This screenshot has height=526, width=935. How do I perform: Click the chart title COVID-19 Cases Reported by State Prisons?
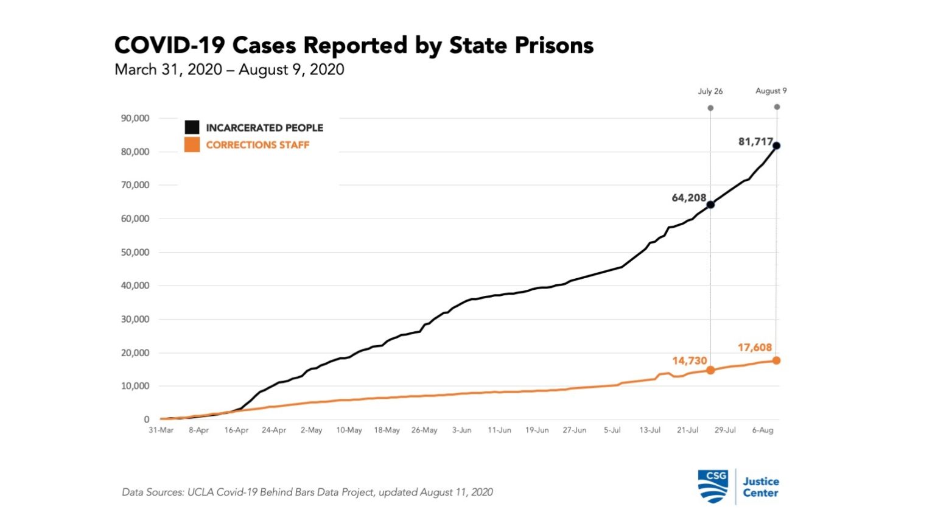(x=354, y=46)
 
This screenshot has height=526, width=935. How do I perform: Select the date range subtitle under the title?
(x=229, y=69)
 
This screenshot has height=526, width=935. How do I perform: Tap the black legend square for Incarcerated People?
(x=192, y=127)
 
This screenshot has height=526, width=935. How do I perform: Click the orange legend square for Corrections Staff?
(x=192, y=145)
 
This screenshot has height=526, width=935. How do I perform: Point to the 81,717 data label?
(x=755, y=142)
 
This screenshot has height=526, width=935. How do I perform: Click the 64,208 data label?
(x=688, y=198)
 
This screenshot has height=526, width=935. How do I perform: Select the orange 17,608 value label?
(x=754, y=348)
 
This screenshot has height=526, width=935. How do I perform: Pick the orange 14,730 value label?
(x=689, y=360)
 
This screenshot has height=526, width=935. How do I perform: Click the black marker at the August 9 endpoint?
(x=776, y=146)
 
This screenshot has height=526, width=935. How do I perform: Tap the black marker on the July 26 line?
(x=710, y=205)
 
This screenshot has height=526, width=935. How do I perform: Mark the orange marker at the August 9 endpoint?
(x=776, y=360)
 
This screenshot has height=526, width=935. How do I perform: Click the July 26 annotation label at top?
(x=710, y=91)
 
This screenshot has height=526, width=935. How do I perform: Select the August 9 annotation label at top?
(x=771, y=91)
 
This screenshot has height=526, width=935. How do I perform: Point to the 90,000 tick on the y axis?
(x=135, y=118)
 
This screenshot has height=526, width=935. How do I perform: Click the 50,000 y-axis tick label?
(x=135, y=252)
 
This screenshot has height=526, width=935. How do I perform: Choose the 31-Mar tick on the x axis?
(x=161, y=430)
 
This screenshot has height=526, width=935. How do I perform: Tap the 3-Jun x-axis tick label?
(x=461, y=430)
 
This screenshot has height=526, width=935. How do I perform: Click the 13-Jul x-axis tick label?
(x=650, y=430)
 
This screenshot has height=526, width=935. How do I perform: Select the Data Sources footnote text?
(x=307, y=492)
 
